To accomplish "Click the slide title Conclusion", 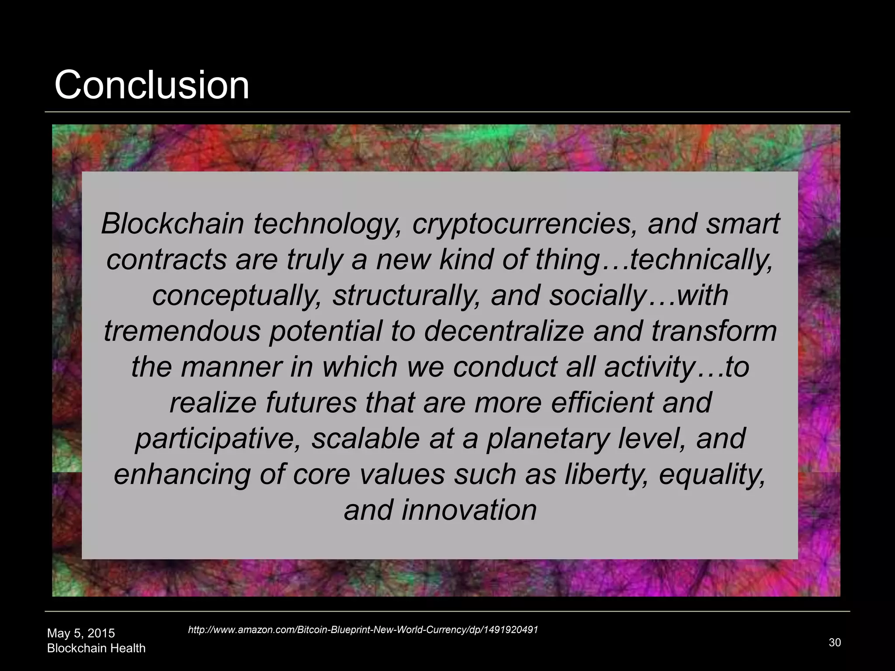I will (x=152, y=85).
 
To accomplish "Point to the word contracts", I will (x=166, y=259).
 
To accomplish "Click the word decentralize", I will (x=503, y=331).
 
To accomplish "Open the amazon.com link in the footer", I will (x=363, y=629).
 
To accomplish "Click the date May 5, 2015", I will (x=81, y=633).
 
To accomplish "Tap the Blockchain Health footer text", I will (x=96, y=648).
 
